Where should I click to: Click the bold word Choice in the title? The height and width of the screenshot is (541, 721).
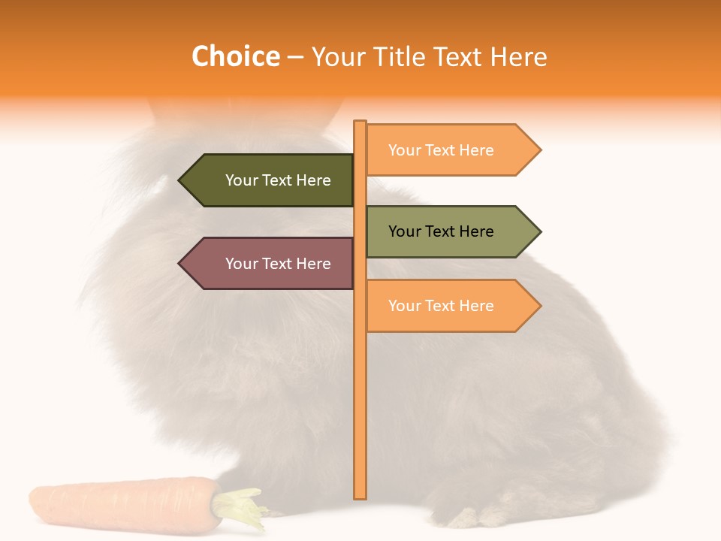[x=235, y=56]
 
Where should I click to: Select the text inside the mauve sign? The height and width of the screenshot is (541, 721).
[x=278, y=264]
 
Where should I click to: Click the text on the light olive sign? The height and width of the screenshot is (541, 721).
[x=441, y=231]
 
